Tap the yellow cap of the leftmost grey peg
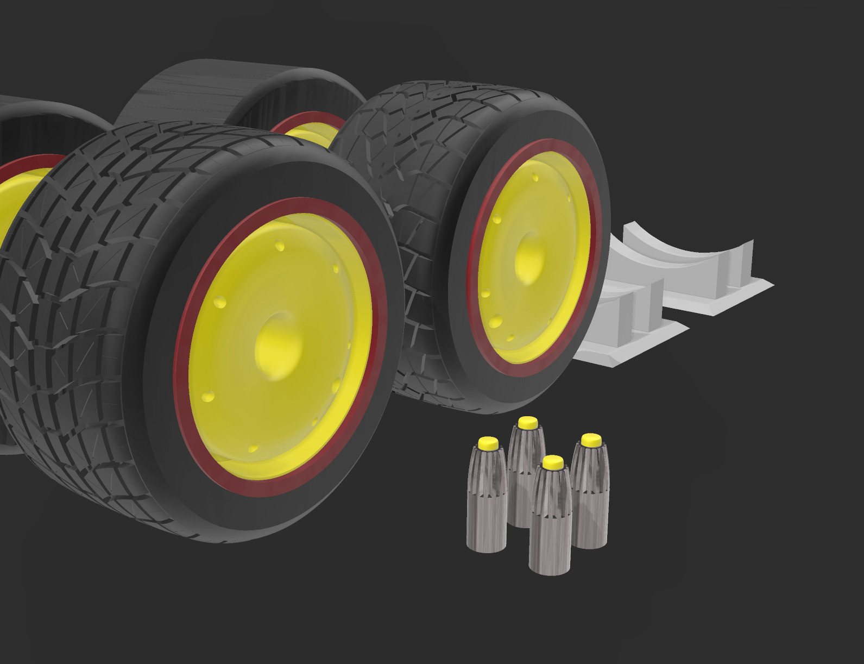click(488, 443)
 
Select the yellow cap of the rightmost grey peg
click(591, 439)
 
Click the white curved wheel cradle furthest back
click(701, 255)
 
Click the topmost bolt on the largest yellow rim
click(280, 246)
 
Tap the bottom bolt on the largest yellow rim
click(253, 449)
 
